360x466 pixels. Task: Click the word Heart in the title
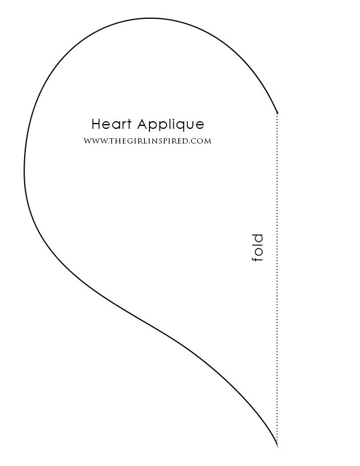(x=112, y=125)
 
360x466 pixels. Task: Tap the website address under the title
(x=147, y=141)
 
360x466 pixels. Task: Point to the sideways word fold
(x=257, y=248)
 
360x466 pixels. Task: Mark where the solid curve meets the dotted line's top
(x=277, y=112)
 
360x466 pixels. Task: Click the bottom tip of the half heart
(x=277, y=444)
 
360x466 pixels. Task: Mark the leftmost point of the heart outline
(x=24, y=171)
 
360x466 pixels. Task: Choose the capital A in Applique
(x=142, y=125)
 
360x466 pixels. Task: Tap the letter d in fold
(x=256, y=238)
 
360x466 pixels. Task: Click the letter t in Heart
(x=129, y=125)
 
